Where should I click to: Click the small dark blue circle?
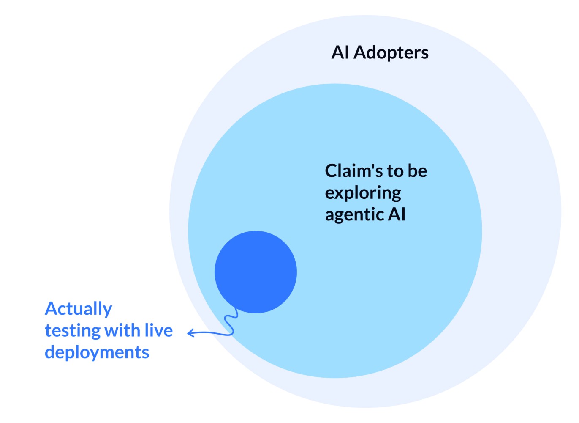point(256,272)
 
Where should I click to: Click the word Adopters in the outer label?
point(391,53)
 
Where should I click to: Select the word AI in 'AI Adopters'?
point(340,53)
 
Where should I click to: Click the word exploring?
point(363,193)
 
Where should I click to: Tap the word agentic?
point(354,215)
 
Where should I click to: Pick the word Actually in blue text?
point(79,309)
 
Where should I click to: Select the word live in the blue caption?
point(158,330)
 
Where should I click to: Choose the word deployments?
point(97,352)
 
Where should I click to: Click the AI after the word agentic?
point(397,214)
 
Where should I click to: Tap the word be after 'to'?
point(417,171)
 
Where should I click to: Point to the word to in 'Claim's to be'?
point(395,171)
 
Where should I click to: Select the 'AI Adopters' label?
point(380,53)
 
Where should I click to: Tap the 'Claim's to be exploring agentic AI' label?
point(375,192)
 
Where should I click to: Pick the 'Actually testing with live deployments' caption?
point(109,330)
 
